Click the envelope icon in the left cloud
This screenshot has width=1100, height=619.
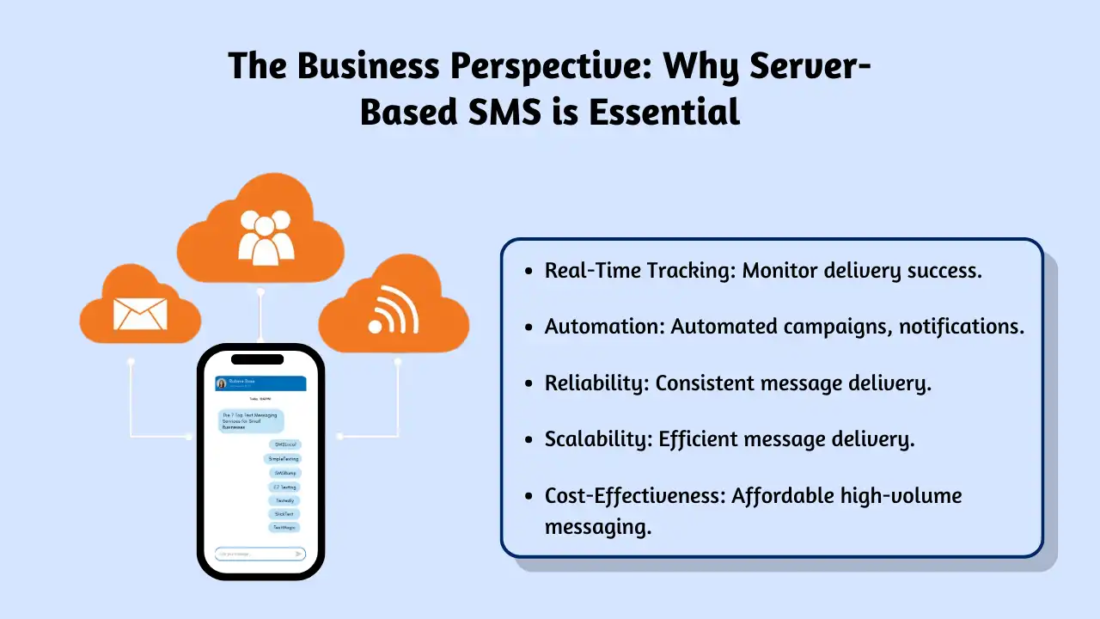140,315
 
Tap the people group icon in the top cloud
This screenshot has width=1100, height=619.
266,236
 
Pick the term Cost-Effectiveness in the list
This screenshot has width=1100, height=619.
633,495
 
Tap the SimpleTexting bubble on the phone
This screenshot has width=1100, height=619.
283,459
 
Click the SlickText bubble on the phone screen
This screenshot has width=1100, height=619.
284,514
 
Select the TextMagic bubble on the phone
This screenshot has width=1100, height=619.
284,527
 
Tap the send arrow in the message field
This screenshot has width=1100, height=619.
298,554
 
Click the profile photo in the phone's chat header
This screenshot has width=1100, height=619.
222,383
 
